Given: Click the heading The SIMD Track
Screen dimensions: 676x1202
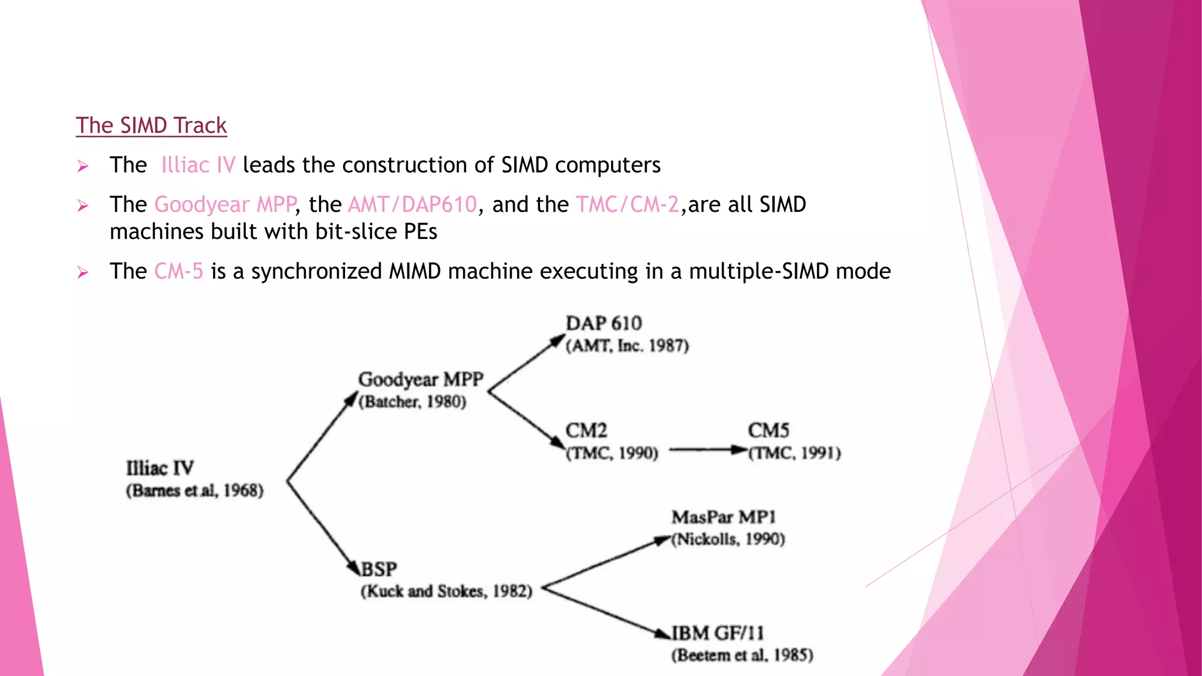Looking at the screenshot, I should pos(151,126).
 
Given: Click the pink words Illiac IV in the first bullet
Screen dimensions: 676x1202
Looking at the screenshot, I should pos(198,165).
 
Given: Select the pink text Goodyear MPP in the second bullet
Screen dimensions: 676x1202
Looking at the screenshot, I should pos(225,204).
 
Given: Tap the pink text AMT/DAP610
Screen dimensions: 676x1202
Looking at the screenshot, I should pos(412,204).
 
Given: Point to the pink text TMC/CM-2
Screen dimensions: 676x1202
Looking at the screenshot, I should pos(627,204).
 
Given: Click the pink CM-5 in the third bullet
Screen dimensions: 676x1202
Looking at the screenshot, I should pos(178,271).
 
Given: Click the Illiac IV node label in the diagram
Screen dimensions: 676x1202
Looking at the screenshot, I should pos(160,468).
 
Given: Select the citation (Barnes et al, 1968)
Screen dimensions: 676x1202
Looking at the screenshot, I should pos(194,491).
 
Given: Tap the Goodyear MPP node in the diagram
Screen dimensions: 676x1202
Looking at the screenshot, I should pos(420,380).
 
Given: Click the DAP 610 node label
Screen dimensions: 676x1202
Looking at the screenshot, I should pos(603,323).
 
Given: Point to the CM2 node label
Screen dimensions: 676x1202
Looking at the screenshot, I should pos(586,430).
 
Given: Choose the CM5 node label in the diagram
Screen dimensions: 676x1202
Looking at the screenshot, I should pos(768,430).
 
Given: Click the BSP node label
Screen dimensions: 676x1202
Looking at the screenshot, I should pos(379,569).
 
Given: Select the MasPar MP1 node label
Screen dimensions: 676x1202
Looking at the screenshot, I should pos(723,517).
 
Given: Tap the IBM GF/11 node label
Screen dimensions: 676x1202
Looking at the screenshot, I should pos(717,633).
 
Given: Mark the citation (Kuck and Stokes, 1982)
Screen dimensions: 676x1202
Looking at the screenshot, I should pos(446,591).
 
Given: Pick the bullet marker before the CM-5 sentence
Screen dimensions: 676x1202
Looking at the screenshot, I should pos(83,272).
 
